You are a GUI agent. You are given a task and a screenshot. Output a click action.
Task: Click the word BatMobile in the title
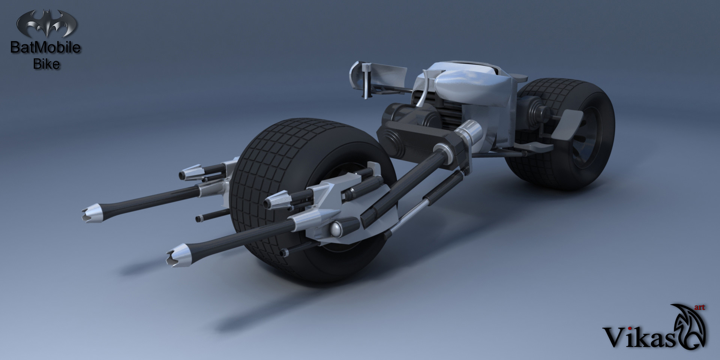[x=45, y=48]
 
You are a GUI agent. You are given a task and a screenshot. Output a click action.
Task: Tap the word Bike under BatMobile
[x=46, y=64]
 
